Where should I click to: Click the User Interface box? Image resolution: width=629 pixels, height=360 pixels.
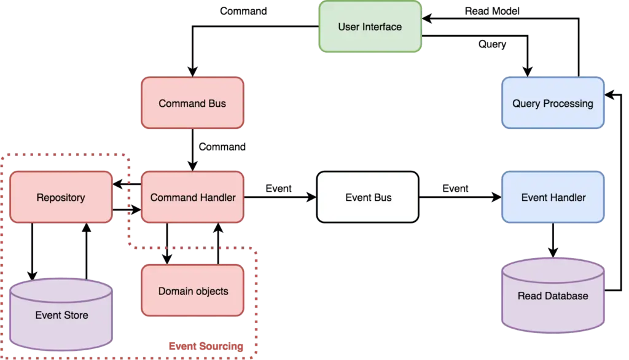(370, 26)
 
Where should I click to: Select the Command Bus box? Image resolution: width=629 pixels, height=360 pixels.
(192, 103)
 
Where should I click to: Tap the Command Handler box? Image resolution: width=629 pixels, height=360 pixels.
(192, 197)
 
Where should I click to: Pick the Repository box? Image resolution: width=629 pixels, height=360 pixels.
(61, 197)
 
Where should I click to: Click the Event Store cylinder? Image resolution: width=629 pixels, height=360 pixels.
(61, 314)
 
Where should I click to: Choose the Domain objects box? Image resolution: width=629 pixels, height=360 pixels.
(193, 291)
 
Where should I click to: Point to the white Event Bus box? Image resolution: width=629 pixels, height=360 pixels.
(368, 197)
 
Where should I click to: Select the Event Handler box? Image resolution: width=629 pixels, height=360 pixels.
(553, 197)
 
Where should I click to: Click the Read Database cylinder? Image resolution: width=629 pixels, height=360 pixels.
(552, 295)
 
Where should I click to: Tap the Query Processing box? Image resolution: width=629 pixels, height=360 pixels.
(553, 103)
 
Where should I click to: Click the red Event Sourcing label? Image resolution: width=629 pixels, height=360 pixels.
(205, 347)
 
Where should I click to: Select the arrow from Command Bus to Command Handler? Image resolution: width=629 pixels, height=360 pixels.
(193, 149)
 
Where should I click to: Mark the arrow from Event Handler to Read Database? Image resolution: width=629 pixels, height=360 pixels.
(553, 240)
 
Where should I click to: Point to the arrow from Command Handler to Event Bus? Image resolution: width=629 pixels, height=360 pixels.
(279, 197)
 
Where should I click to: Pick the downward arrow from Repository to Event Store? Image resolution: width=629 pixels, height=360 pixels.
(31, 249)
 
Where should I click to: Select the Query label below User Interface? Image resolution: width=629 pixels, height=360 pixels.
(491, 45)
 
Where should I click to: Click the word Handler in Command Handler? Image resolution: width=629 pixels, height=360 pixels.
(216, 197)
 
